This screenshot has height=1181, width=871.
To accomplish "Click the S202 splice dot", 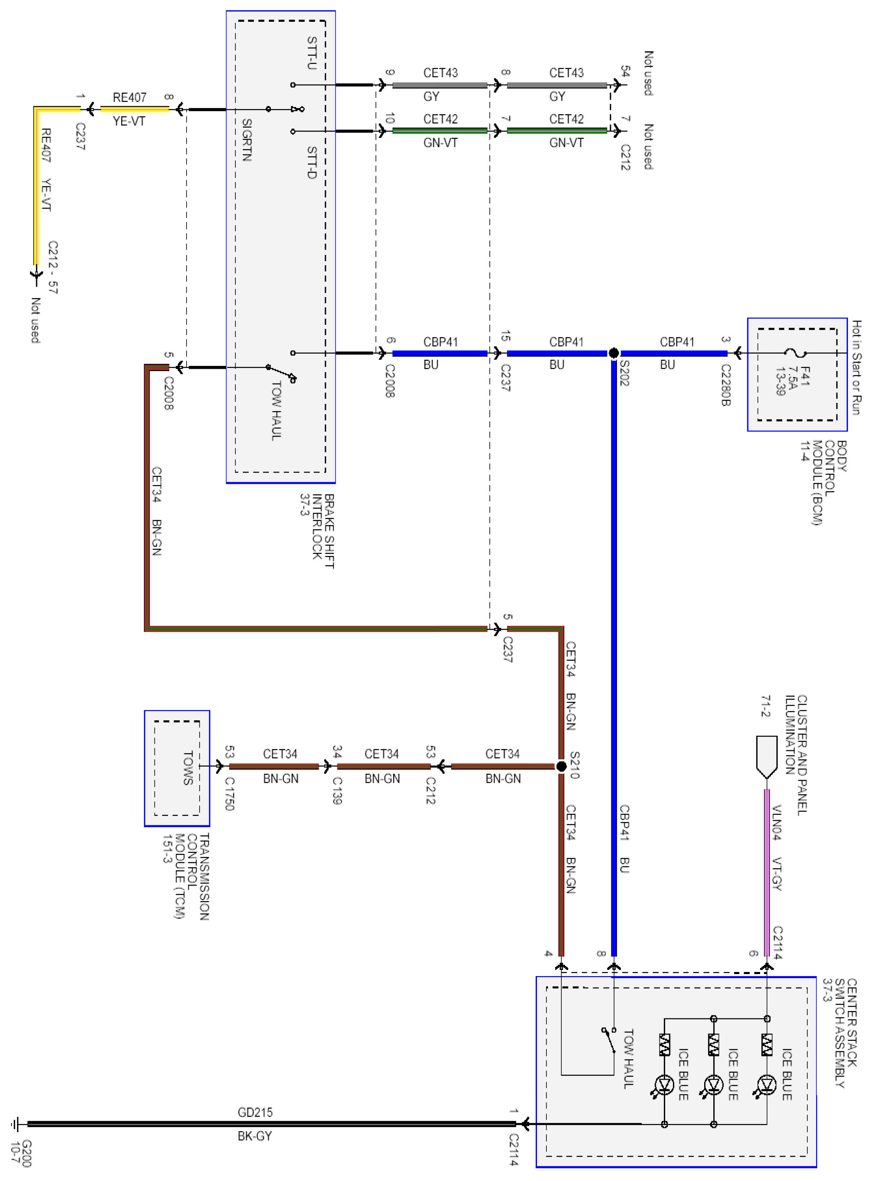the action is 614,353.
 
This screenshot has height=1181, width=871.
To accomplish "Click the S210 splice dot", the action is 562,766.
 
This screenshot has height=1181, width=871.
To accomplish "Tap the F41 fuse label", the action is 804,376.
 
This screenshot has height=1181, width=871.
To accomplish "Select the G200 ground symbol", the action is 15,1124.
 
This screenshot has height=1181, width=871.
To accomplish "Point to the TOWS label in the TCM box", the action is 188,768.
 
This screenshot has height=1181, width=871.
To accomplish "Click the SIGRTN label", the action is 247,140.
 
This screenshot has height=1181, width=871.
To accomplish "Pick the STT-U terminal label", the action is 312,53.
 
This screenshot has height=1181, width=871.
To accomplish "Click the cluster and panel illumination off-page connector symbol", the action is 767,757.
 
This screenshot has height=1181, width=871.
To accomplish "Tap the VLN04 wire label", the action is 777,822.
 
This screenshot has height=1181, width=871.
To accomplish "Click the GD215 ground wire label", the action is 255,1112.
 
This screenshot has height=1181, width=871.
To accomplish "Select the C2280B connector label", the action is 726,385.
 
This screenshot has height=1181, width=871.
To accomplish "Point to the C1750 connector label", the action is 229,793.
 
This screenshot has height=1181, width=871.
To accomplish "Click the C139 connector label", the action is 337,790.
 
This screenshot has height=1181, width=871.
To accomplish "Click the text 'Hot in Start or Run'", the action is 857,367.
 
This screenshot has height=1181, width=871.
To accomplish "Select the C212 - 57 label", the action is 53,267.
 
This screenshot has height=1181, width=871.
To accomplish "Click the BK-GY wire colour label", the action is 255,1136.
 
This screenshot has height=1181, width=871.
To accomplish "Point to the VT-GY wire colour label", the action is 777,874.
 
